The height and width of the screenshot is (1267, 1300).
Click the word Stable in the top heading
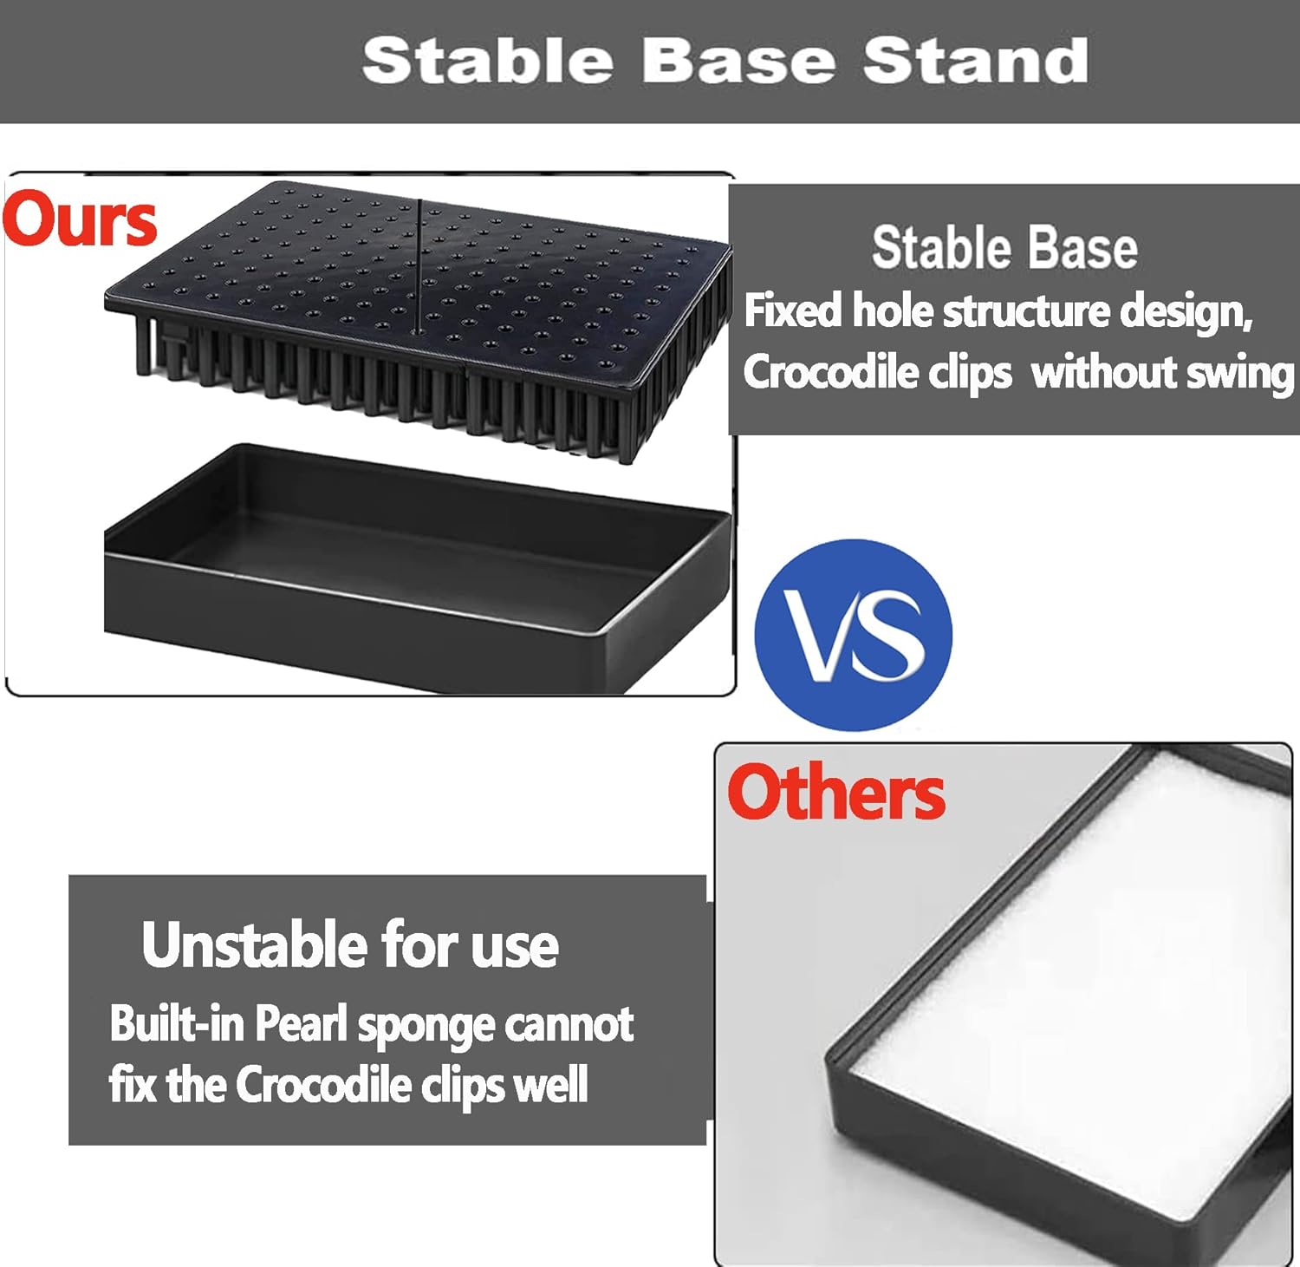tap(488, 61)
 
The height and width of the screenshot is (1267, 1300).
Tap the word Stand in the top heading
tap(975, 61)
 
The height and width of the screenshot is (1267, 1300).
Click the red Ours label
tap(80, 219)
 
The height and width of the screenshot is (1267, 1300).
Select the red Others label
tap(836, 792)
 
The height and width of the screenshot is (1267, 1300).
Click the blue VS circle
tap(854, 635)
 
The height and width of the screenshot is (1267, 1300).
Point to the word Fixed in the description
tap(793, 310)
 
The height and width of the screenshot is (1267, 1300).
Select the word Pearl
tap(301, 1024)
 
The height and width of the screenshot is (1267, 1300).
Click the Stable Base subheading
tap(1004, 247)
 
